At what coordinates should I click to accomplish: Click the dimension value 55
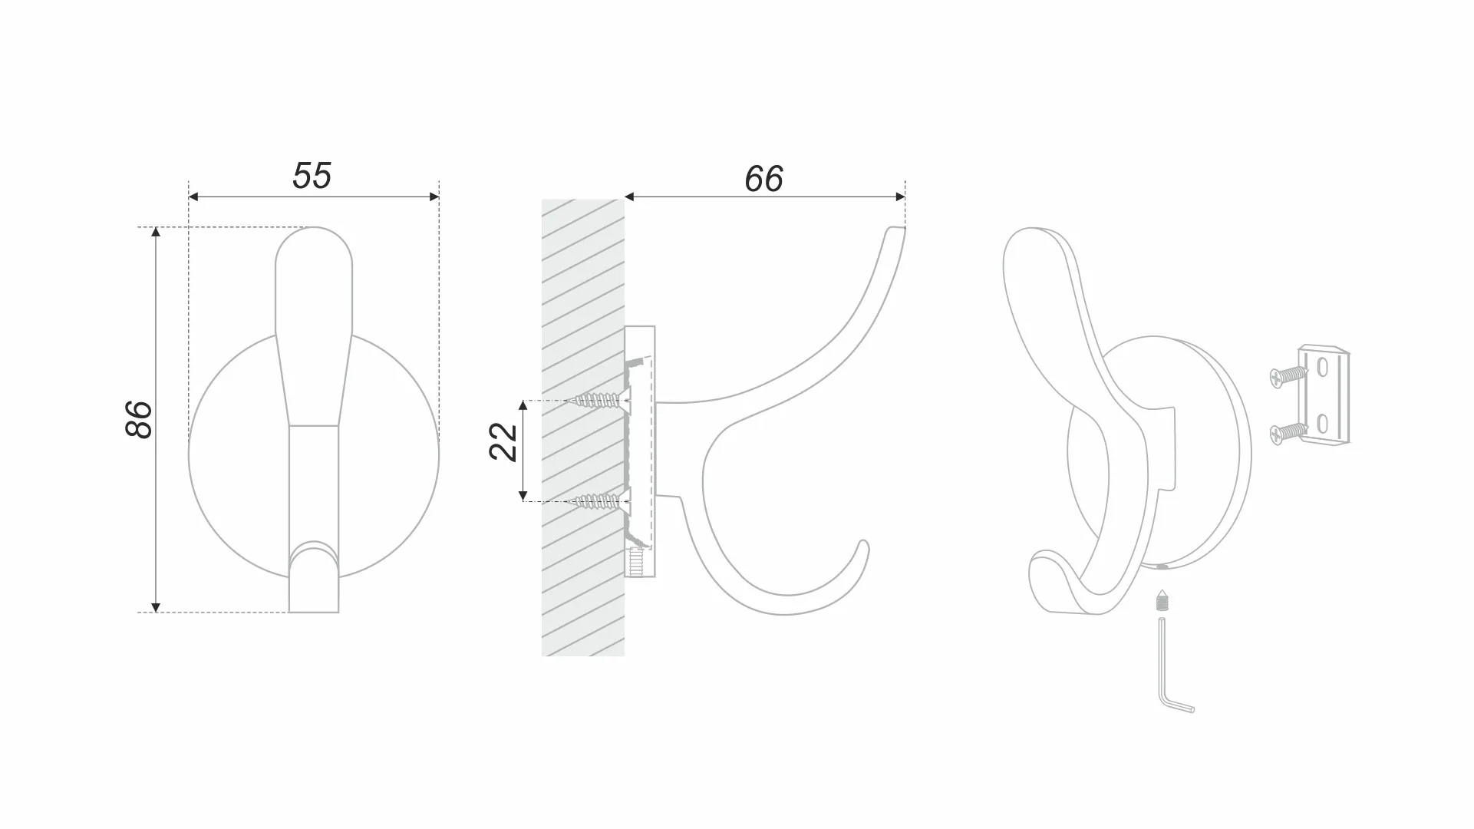click(312, 176)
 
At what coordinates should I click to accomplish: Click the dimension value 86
click(139, 419)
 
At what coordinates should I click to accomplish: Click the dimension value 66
click(763, 179)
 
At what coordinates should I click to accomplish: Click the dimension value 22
click(503, 442)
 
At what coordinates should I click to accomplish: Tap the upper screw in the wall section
click(603, 399)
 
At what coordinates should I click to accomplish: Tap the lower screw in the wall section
click(603, 501)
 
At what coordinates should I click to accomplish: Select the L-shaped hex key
click(1172, 666)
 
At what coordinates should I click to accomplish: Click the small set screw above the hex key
click(1162, 600)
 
